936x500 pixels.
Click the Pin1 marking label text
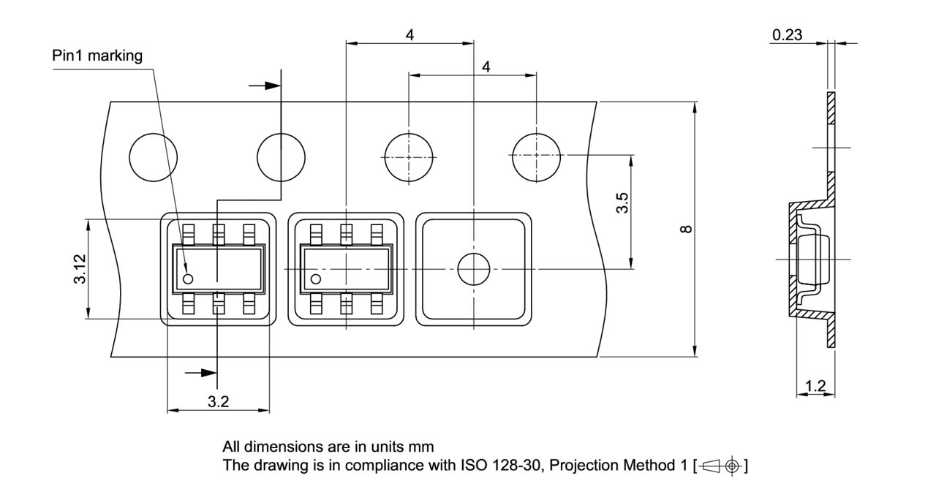pyautogui.click(x=97, y=56)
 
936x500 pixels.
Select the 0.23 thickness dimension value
pyautogui.click(x=787, y=34)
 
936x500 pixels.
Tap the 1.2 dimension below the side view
pyautogui.click(x=815, y=386)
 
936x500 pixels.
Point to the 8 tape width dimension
pyautogui.click(x=686, y=230)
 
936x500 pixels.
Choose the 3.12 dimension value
pyautogui.click(x=80, y=268)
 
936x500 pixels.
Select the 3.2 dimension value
pyautogui.click(x=218, y=401)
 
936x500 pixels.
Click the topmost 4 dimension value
pyautogui.click(x=409, y=34)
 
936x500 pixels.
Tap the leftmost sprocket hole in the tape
pyautogui.click(x=153, y=157)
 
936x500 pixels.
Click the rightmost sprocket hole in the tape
pyautogui.click(x=537, y=156)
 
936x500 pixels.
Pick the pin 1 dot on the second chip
pyautogui.click(x=317, y=279)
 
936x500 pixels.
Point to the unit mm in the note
pyautogui.click(x=420, y=447)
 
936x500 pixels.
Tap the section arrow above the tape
pyautogui.click(x=265, y=86)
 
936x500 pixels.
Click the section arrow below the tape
pyautogui.click(x=200, y=373)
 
